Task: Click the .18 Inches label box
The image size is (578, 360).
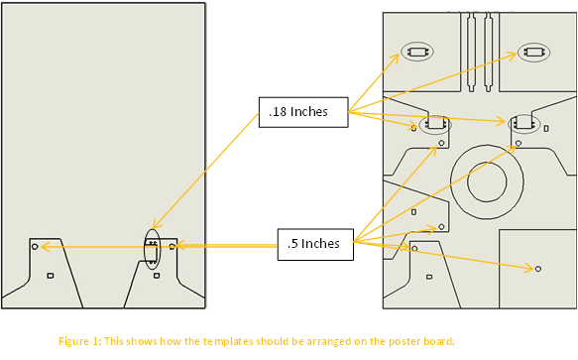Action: tap(303, 112)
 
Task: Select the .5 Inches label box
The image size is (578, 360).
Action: tap(315, 245)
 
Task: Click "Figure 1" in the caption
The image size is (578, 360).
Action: tap(78, 341)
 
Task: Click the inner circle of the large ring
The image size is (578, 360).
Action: tap(487, 181)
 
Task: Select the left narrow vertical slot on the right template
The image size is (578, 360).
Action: tap(471, 52)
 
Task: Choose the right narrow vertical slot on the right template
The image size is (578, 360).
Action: tap(488, 52)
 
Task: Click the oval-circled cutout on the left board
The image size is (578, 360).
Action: tap(153, 249)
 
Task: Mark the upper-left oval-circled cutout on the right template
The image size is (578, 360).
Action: tap(417, 52)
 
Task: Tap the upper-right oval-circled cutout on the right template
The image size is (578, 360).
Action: tap(533, 52)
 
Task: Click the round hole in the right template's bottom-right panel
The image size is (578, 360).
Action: tap(538, 269)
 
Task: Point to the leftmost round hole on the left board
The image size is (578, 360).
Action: tap(35, 246)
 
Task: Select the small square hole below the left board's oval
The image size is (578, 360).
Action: tap(157, 276)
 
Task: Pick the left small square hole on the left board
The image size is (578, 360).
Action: tap(51, 276)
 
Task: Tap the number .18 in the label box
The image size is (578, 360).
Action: tap(278, 112)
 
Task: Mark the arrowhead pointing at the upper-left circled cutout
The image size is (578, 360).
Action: tap(396, 59)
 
